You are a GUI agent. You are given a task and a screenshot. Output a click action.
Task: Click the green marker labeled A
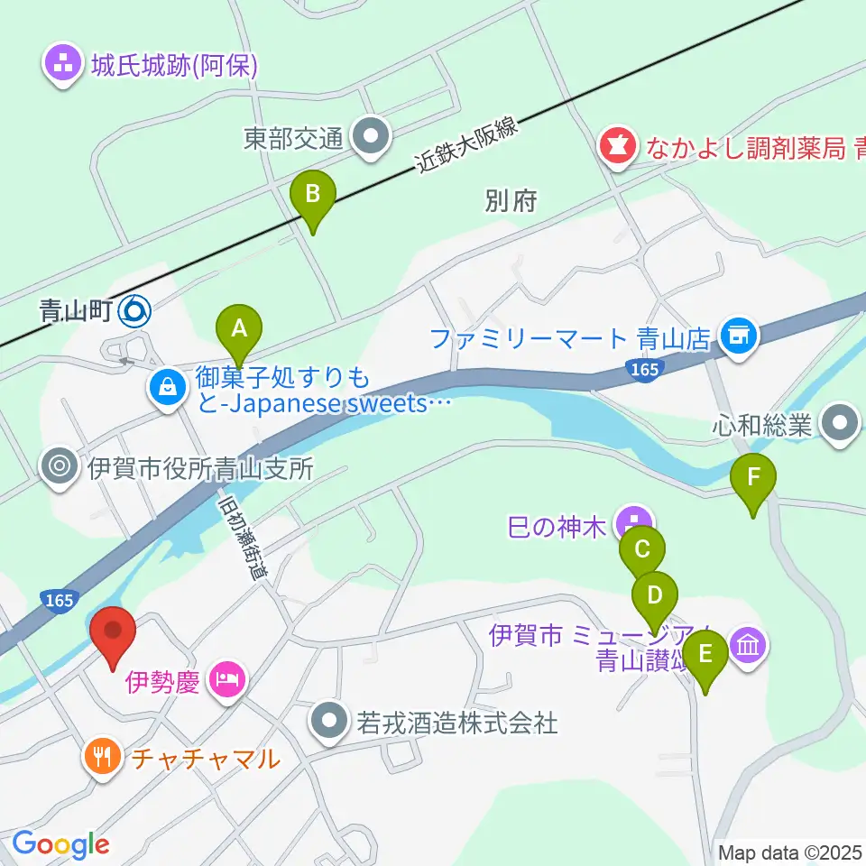click(238, 329)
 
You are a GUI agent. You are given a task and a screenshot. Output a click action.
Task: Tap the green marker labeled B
click(313, 194)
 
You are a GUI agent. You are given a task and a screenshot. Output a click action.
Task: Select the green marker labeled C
click(642, 550)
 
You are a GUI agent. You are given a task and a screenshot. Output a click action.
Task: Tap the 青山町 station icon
click(136, 311)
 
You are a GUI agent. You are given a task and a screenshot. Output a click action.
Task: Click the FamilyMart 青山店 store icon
click(738, 337)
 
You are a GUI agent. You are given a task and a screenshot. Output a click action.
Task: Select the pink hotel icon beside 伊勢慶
click(225, 678)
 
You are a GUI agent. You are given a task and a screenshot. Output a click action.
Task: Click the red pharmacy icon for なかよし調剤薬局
click(618, 145)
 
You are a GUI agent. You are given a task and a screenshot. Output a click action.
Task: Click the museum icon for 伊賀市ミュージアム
click(750, 646)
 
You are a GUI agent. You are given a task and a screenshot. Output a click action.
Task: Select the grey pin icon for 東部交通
click(370, 137)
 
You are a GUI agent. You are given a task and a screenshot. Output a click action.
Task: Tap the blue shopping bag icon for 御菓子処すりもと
click(168, 388)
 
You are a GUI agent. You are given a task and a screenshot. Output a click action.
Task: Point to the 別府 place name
click(511, 201)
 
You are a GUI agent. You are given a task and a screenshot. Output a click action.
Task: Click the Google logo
click(60, 845)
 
